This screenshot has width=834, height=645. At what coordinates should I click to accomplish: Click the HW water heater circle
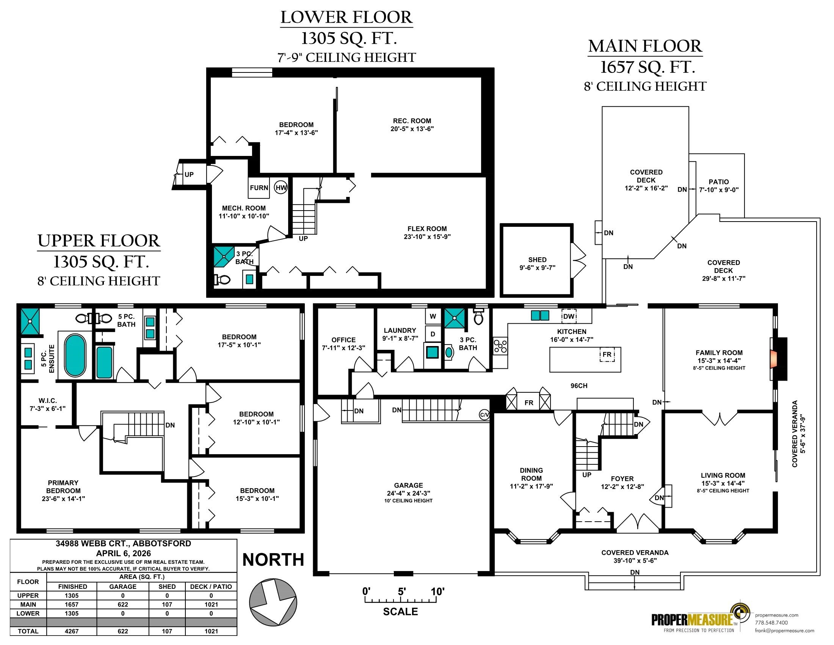(281, 187)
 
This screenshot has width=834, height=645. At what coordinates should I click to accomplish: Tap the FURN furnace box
(259, 187)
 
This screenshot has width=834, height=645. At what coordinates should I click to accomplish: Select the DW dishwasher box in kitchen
(569, 316)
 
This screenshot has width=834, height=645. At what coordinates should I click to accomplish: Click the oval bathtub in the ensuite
(75, 356)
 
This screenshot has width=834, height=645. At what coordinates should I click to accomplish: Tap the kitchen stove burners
(500, 346)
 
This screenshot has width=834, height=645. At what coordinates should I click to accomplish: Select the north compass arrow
(273, 601)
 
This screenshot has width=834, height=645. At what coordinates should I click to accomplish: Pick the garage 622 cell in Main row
(122, 604)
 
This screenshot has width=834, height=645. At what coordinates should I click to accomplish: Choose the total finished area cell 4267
(72, 631)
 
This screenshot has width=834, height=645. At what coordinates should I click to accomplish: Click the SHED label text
(537, 260)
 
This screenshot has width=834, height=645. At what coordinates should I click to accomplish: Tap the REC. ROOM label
(412, 121)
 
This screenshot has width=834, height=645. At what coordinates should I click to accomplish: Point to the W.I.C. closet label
(48, 400)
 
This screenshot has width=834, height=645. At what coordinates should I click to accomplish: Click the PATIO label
(719, 182)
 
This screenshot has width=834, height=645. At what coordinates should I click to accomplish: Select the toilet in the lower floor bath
(222, 280)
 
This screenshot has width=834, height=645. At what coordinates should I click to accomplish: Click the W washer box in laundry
(433, 316)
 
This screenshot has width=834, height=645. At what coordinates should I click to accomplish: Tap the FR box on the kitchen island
(607, 355)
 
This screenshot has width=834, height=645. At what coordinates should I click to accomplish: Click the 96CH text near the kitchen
(579, 385)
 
